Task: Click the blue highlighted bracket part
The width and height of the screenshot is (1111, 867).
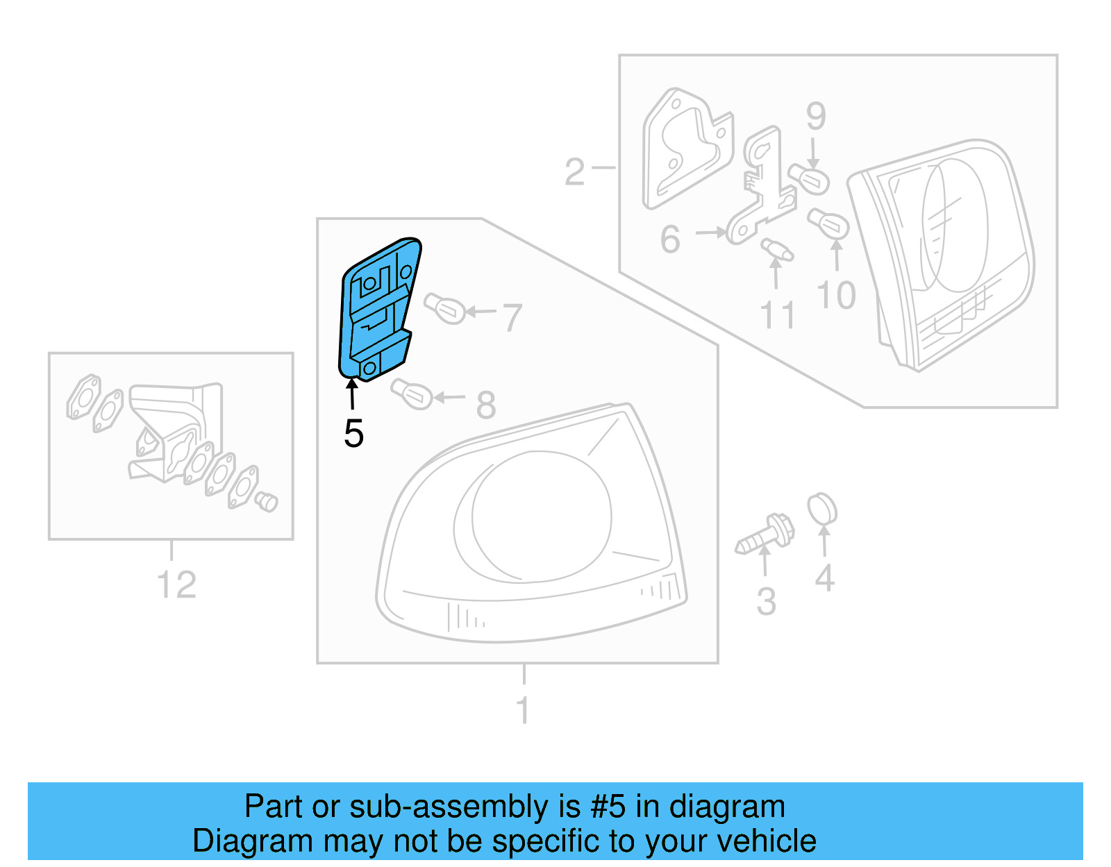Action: tap(378, 309)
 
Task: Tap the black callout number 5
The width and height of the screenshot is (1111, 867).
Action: tap(353, 434)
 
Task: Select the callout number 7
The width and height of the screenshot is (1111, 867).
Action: tap(512, 318)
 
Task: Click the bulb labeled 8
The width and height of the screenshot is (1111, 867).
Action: tap(412, 394)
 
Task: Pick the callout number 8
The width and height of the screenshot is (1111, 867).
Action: tap(486, 405)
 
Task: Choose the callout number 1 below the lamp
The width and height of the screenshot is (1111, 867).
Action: tap(524, 710)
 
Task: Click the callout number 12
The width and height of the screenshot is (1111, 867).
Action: tap(176, 585)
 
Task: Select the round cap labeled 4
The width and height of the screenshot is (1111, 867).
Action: tap(822, 510)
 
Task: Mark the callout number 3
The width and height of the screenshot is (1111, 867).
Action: tap(766, 601)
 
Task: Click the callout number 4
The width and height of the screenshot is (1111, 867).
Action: tap(824, 578)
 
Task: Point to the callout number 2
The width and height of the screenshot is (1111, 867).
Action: tap(574, 172)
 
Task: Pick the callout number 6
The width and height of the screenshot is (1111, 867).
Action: tap(670, 239)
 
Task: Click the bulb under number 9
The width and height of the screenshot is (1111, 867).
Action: tap(810, 180)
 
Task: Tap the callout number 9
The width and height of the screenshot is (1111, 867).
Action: tap(816, 117)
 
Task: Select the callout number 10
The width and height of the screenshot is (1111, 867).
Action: tap(836, 296)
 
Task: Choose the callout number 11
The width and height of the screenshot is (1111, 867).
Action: tap(777, 316)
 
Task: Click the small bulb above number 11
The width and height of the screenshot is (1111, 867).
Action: tap(776, 249)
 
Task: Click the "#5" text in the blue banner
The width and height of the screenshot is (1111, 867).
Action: tap(608, 807)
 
